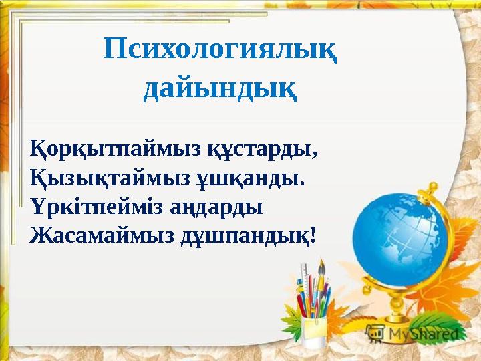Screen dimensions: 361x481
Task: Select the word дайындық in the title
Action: pos(220,88)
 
